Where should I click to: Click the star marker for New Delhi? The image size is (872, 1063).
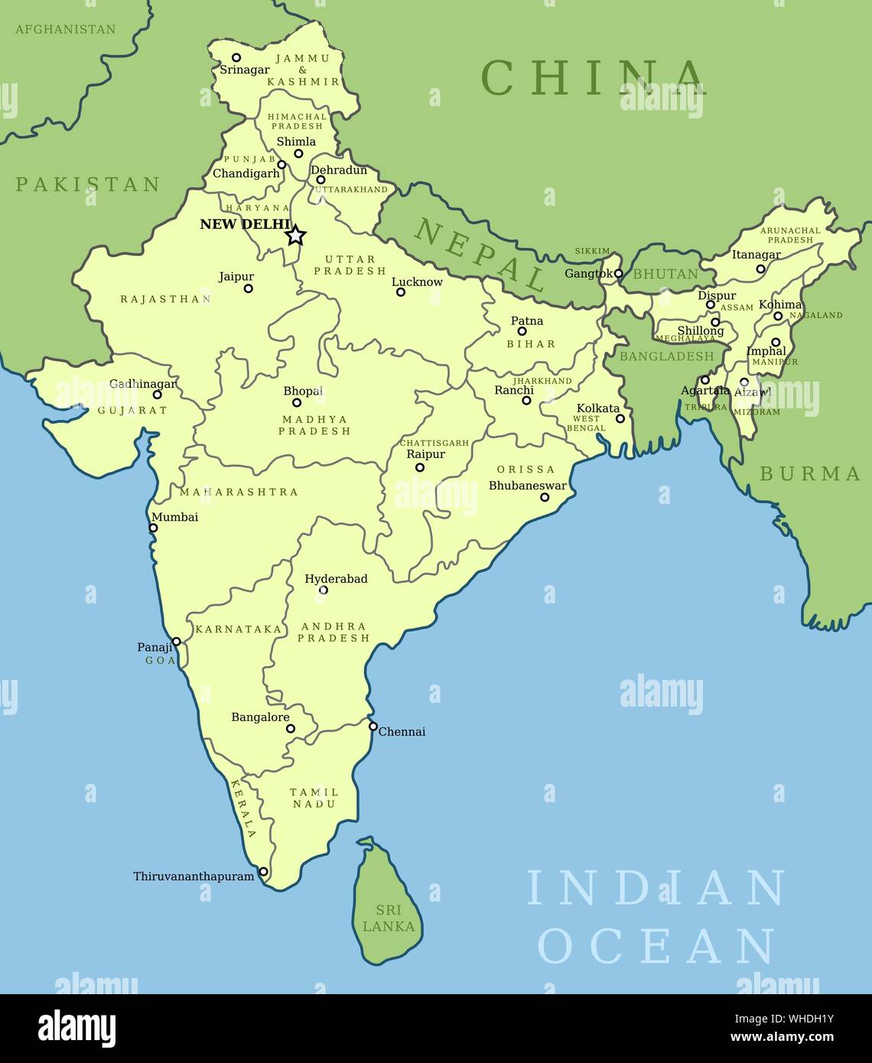pyautogui.click(x=296, y=236)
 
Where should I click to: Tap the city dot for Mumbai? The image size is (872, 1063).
pyautogui.click(x=153, y=528)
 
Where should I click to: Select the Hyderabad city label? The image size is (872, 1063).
pyautogui.click(x=336, y=579)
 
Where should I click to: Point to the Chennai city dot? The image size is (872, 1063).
pyautogui.click(x=373, y=727)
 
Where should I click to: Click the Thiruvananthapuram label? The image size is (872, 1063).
pyautogui.click(x=194, y=876)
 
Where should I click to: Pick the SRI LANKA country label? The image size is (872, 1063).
pyautogui.click(x=389, y=918)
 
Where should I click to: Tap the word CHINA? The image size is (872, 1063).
pyautogui.click(x=594, y=77)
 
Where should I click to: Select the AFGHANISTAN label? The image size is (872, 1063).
pyautogui.click(x=66, y=29)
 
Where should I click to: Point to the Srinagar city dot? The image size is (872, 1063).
pyautogui.click(x=236, y=57)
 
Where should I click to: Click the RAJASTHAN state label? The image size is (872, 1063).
pyautogui.click(x=166, y=299)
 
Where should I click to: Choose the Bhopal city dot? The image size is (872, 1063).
pyautogui.click(x=297, y=402)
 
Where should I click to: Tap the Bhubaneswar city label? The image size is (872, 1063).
pyautogui.click(x=528, y=486)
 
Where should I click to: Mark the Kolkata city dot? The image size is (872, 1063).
pyautogui.click(x=620, y=418)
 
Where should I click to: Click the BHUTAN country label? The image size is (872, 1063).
pyautogui.click(x=665, y=274)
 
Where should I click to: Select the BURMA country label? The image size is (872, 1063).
pyautogui.click(x=810, y=474)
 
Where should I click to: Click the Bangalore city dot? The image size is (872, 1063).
pyautogui.click(x=291, y=728)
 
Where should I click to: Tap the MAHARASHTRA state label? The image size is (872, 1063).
pyautogui.click(x=239, y=492)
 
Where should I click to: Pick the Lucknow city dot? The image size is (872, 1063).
pyautogui.click(x=400, y=292)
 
